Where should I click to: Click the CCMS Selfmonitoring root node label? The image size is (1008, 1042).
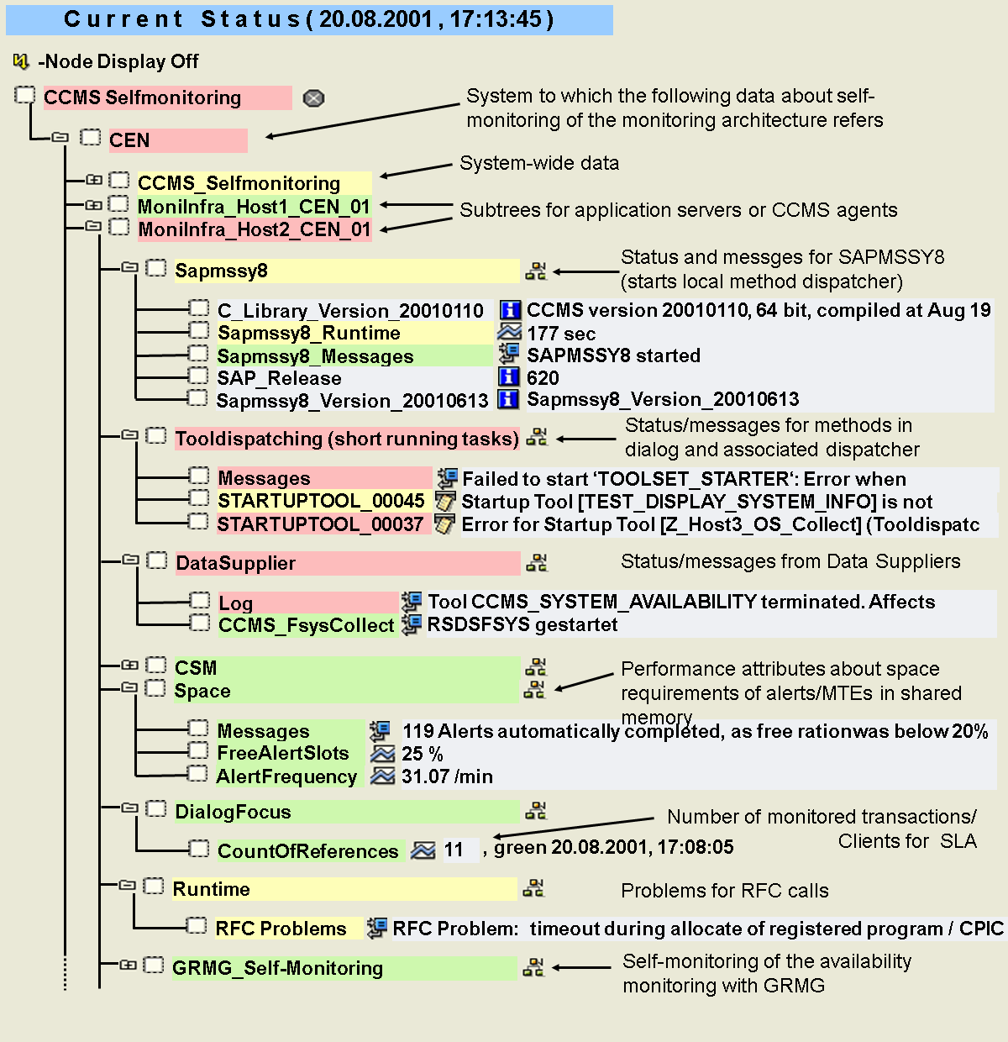143,98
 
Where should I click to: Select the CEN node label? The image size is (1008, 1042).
130,140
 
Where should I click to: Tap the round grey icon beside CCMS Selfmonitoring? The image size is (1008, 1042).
313,98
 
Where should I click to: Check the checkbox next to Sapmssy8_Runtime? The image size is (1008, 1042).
198,331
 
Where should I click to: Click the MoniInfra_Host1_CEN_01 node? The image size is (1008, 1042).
254,207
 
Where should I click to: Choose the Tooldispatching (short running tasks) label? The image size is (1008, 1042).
347,439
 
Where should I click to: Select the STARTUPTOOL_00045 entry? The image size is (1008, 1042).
321,501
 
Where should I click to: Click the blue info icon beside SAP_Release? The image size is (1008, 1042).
508,377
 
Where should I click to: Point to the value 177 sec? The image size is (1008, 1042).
561,334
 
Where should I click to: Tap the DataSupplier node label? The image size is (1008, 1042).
236,563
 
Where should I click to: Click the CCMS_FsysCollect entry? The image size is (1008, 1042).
306,625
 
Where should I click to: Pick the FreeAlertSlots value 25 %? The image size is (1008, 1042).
422,754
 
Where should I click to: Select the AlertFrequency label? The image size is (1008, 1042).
286,776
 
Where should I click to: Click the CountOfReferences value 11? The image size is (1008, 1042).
454,850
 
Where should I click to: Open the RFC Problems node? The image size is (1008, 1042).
281,929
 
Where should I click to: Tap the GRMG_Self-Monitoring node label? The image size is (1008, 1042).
277,968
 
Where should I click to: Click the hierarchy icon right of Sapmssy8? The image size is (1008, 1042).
535,271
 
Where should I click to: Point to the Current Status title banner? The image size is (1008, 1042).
309,19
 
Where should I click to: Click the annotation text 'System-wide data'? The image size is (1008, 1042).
539,163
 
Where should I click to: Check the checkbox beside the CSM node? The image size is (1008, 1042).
156,666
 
